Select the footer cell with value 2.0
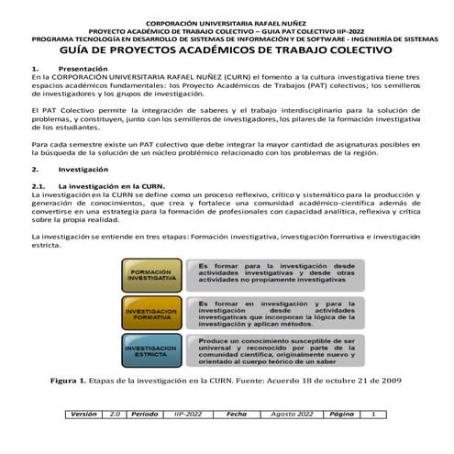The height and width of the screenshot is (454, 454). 116,439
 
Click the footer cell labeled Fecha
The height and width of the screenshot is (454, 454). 237,439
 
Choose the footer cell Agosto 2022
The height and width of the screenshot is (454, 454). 293,439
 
